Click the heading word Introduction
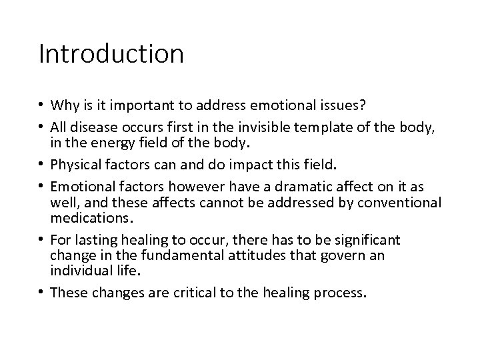[x=111, y=54]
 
